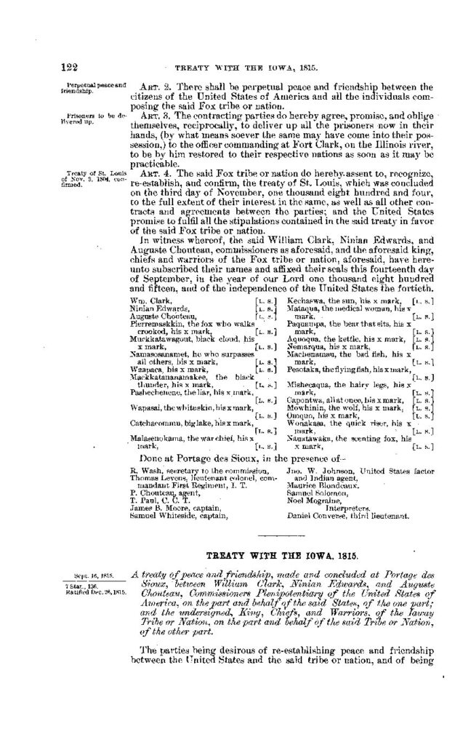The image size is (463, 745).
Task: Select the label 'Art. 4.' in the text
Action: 153,172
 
